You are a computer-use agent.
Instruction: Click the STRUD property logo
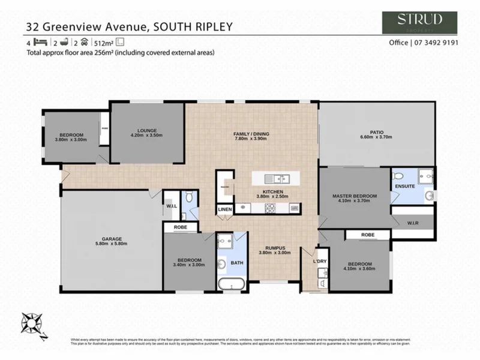[x=420, y=22]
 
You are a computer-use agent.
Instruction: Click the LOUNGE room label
[x=146, y=130]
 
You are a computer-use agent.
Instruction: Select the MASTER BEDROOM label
[x=354, y=196]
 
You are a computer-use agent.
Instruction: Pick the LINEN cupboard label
[x=224, y=209]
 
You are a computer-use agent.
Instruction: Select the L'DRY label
[x=320, y=262]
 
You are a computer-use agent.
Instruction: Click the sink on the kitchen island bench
[x=279, y=178]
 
